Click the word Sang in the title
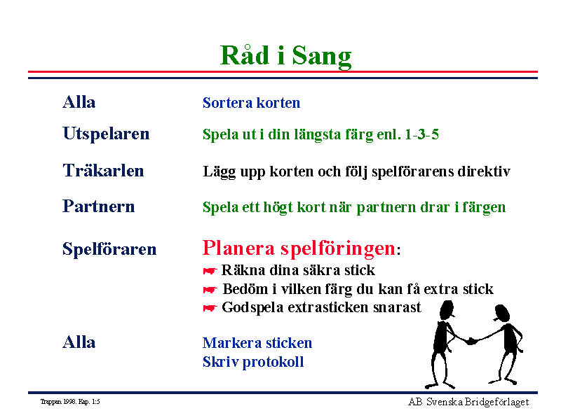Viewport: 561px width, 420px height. tap(322, 57)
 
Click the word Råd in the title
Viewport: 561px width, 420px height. tap(245, 55)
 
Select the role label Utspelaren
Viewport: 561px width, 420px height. tap(106, 134)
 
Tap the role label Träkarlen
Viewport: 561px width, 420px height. tap(103, 170)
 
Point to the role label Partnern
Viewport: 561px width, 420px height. tap(98, 206)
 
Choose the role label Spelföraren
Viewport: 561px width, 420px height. tap(109, 249)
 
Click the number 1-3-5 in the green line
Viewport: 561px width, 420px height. tap(421, 134)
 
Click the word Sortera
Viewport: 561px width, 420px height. tap(227, 103)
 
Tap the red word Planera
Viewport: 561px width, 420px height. tap(238, 248)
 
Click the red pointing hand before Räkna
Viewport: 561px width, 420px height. tap(210, 272)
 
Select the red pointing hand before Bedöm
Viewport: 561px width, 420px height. tap(210, 290)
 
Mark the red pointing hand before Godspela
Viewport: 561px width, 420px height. tap(210, 308)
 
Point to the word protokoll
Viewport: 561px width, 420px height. tap(273, 363)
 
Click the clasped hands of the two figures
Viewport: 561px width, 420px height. tap(472, 341)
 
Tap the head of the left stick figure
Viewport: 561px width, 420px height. tap(447, 310)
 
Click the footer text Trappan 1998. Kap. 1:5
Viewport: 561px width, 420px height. tap(70, 402)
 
